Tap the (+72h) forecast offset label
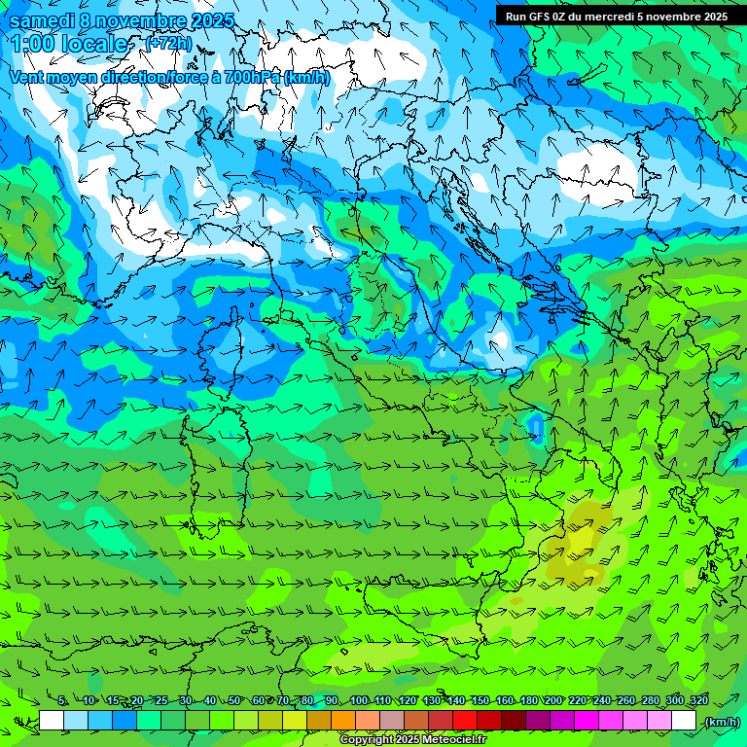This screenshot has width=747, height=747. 168,44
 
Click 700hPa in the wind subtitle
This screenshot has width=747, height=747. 251,77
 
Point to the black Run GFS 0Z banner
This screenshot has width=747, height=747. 621,16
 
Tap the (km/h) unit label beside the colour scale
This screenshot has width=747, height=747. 721,721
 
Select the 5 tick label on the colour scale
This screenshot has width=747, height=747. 63,700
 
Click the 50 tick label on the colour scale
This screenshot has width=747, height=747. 234,700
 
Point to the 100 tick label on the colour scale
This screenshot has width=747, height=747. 358,700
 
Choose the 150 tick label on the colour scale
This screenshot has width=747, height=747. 480,700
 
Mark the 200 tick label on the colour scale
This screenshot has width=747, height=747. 553,700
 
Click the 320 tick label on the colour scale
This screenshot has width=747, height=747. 699,700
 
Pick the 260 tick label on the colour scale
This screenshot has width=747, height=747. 626,700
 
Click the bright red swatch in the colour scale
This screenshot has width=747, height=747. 465,721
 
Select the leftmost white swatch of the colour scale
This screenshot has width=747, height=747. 52,721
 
